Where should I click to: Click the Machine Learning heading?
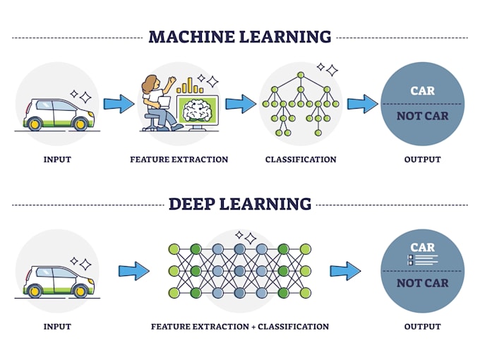click(x=239, y=37)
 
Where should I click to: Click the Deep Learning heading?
click(x=239, y=204)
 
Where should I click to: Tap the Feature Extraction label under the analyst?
click(x=179, y=160)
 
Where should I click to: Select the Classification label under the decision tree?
click(x=301, y=160)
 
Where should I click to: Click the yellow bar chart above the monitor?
click(x=189, y=86)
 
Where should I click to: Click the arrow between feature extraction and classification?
click(x=241, y=104)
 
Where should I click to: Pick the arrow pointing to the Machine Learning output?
click(x=362, y=104)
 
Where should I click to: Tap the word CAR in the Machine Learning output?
click(x=422, y=90)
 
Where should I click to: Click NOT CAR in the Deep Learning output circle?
click(x=422, y=283)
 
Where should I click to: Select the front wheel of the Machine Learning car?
click(x=80, y=124)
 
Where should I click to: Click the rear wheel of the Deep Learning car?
click(x=33, y=290)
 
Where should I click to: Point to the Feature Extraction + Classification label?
click(x=240, y=327)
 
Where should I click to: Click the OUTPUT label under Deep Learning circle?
click(x=422, y=327)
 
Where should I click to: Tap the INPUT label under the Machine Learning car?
click(x=57, y=160)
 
